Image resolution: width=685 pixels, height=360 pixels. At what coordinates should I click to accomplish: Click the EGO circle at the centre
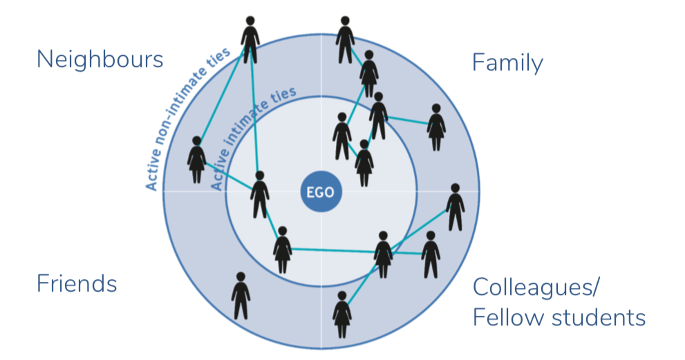pyautogui.click(x=321, y=191)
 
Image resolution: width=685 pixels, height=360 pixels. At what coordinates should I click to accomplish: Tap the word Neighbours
pyautogui.click(x=100, y=59)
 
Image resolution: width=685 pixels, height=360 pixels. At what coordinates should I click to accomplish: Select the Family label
pyautogui.click(x=507, y=63)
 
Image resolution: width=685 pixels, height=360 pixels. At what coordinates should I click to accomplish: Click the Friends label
pyautogui.click(x=76, y=283)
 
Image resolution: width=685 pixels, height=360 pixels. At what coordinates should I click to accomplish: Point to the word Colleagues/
pyautogui.click(x=536, y=287)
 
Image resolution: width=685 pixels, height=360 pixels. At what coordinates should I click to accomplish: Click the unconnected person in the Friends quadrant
pyautogui.click(x=241, y=296)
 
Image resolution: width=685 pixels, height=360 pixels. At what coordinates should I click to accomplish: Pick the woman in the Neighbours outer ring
pyautogui.click(x=196, y=160)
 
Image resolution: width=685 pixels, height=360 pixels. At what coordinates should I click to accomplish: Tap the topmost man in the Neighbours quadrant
pyautogui.click(x=250, y=40)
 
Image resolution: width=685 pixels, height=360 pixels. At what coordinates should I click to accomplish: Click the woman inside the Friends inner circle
pyautogui.click(x=282, y=249)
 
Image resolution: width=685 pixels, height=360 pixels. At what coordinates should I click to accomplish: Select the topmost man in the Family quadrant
pyautogui.click(x=345, y=40)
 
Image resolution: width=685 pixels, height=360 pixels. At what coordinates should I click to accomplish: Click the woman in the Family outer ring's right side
pyautogui.click(x=435, y=127)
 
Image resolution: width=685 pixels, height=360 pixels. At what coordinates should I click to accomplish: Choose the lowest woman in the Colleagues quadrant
pyautogui.click(x=341, y=314)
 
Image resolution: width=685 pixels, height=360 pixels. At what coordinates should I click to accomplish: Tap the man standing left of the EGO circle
pyautogui.click(x=260, y=194)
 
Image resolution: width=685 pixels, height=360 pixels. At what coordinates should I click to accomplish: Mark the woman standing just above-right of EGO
pyautogui.click(x=364, y=163)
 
